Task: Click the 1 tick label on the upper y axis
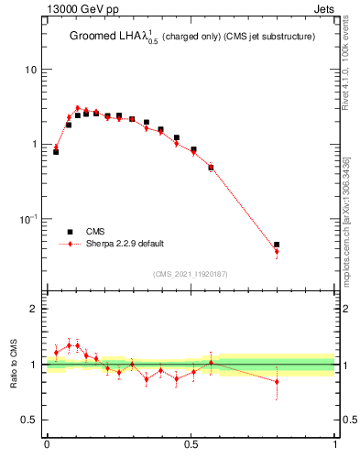tap(35, 145)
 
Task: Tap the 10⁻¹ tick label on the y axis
tap(29, 218)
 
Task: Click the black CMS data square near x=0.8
tap(277, 245)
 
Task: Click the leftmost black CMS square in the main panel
tap(56, 152)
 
